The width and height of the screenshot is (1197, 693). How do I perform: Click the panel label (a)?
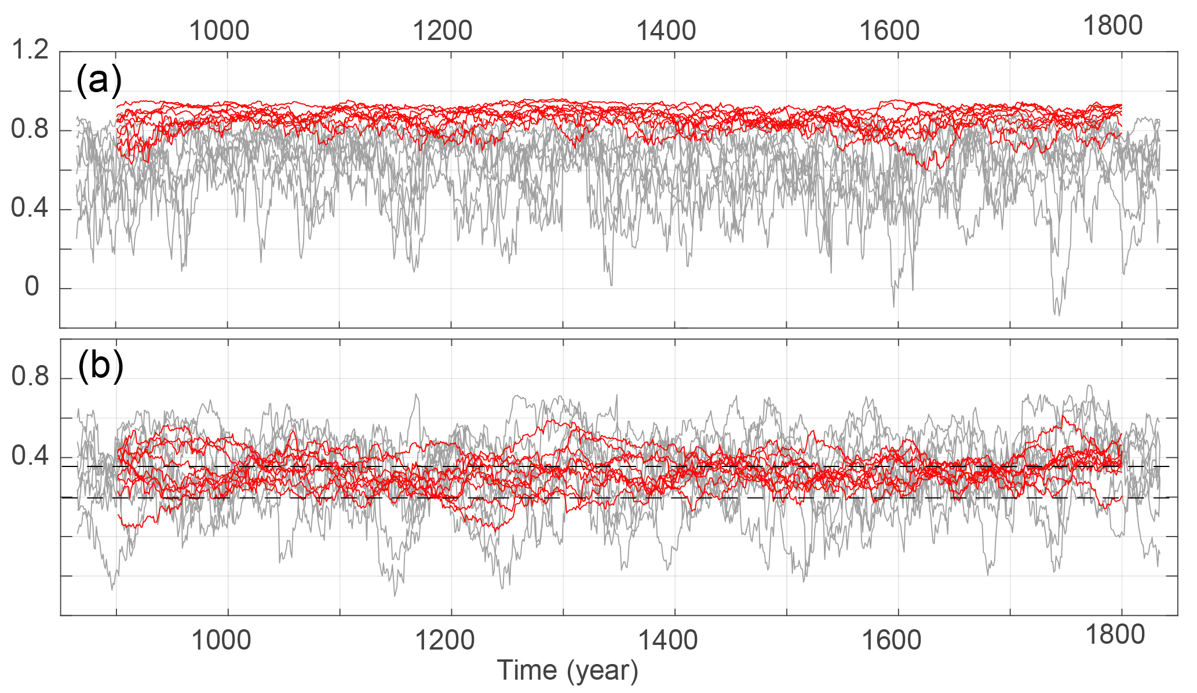coord(99,81)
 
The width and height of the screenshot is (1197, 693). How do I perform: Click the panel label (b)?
coord(100,366)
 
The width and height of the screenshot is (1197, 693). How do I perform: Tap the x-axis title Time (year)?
coord(567,671)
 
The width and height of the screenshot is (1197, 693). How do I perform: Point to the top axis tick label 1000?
coord(219,31)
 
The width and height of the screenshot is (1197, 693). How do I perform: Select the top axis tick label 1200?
coord(442,31)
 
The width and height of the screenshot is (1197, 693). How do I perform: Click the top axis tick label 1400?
coord(666,31)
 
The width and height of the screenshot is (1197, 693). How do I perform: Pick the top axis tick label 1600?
coord(889,31)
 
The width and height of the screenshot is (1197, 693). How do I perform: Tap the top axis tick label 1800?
coord(1112,26)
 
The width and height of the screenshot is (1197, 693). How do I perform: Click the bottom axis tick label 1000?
coord(221,640)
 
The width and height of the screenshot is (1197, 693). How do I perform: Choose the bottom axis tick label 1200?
coord(444,640)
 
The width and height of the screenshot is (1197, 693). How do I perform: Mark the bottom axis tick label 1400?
coord(667,640)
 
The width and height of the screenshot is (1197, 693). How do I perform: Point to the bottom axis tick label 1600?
coord(891,640)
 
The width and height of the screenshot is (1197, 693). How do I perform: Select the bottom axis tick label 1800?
coord(1114,636)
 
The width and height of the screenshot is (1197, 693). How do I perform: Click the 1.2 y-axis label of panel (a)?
coord(30,51)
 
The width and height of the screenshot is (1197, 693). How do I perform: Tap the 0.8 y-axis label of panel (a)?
coord(30,129)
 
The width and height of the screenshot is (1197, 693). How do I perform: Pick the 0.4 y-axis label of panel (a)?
coord(30,208)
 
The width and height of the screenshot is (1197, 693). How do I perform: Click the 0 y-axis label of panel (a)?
coord(32,287)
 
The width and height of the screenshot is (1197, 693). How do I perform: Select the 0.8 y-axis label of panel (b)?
coord(30,377)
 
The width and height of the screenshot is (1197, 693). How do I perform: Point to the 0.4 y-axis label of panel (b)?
coord(30,456)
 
